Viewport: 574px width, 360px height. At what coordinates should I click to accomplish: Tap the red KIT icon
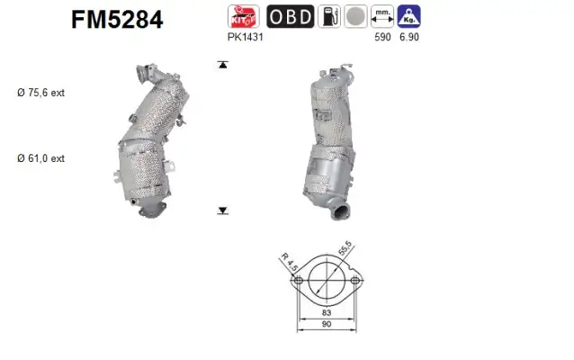point(244,16)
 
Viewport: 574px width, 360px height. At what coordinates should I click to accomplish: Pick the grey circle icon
point(355,16)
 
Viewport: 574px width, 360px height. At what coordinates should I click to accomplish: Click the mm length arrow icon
point(382,16)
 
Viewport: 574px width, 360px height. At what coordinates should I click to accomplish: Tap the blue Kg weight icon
point(408,16)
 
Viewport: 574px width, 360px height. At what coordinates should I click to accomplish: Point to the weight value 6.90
point(408,39)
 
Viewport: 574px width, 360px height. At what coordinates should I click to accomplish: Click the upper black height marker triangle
point(221,65)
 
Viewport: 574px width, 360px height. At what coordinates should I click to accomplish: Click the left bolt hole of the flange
point(296,282)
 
